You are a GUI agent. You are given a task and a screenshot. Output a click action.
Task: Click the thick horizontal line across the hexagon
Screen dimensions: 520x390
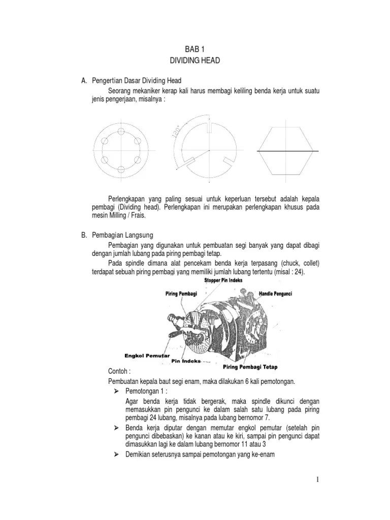coord(287,151)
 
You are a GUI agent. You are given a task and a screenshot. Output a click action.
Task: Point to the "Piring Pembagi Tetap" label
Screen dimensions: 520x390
coord(250,366)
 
